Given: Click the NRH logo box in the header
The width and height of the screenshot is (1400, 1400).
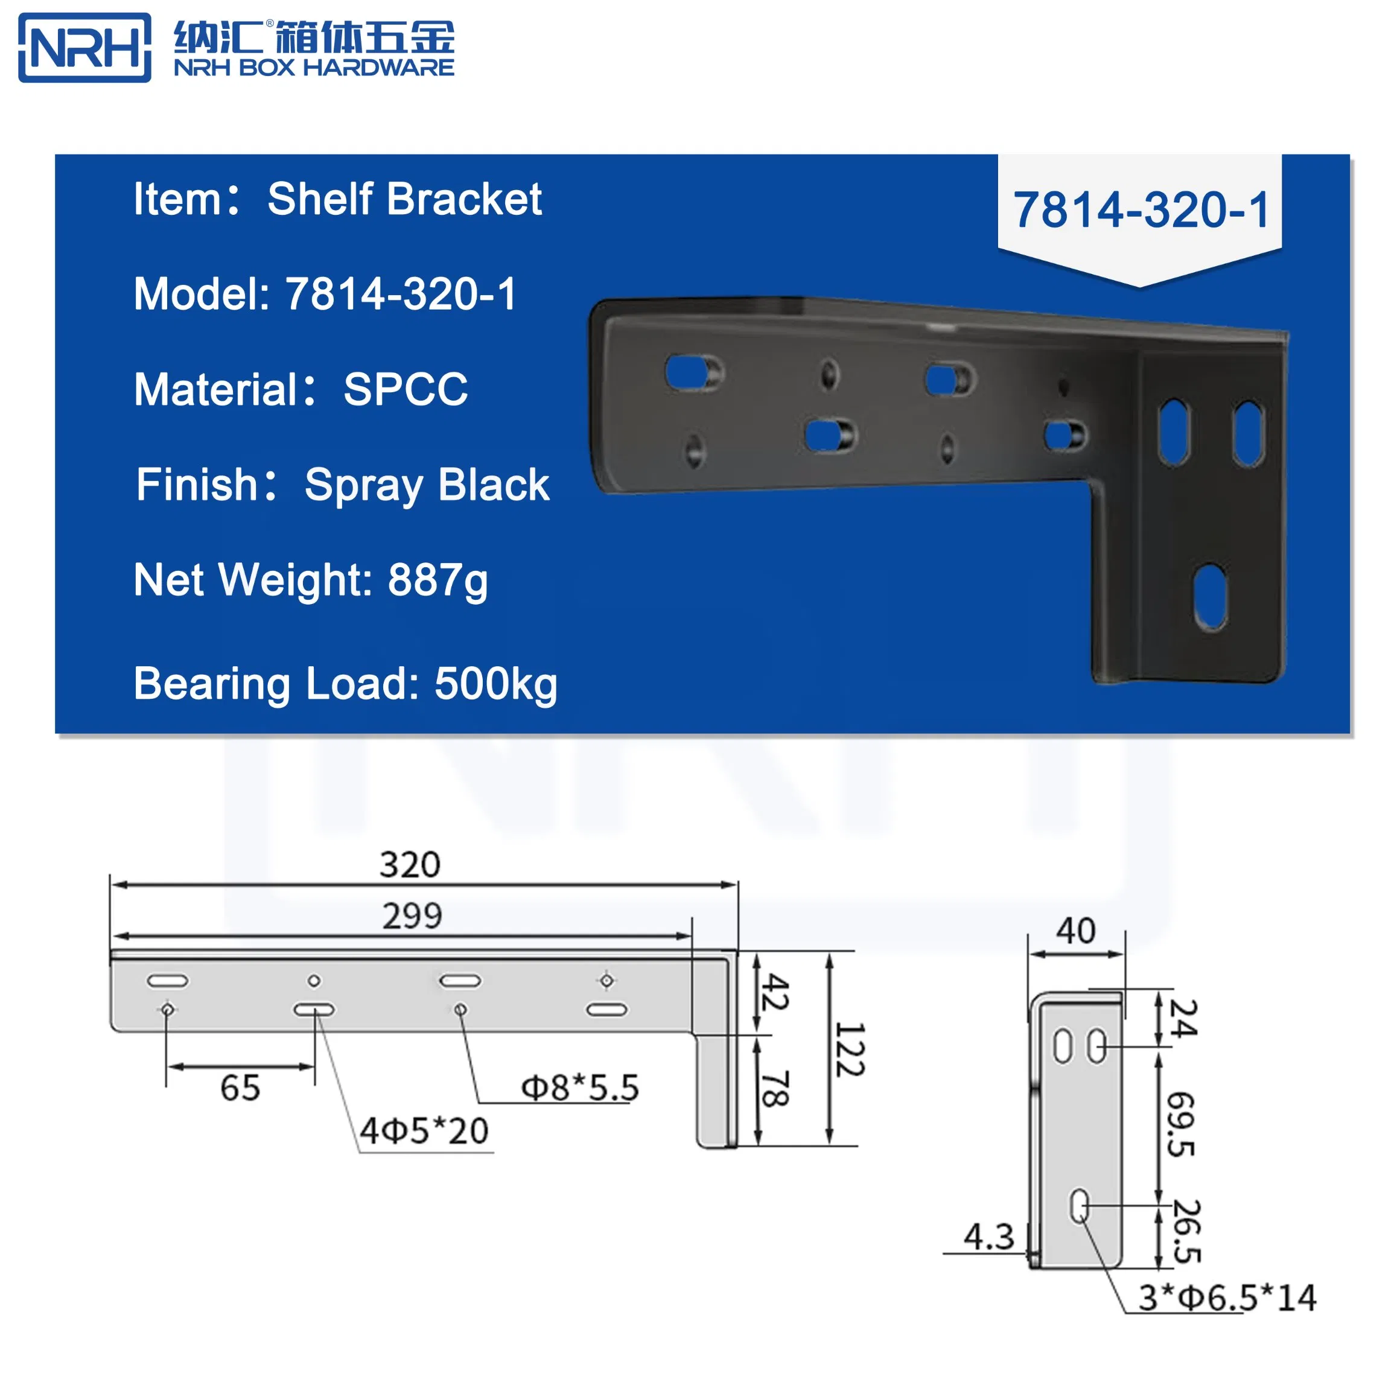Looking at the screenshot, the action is pyautogui.click(x=84, y=48).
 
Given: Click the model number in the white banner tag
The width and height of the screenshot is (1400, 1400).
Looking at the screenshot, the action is pyautogui.click(x=1141, y=210).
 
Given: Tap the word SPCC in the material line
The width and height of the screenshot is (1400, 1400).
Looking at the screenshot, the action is pyautogui.click(x=406, y=389).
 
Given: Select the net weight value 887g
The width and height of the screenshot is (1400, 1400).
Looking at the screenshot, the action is pyautogui.click(x=437, y=581).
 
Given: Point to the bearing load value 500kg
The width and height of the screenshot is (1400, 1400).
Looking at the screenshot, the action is pyautogui.click(x=495, y=684).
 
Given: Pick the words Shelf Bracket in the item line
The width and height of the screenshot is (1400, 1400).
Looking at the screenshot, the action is pyautogui.click(x=404, y=199).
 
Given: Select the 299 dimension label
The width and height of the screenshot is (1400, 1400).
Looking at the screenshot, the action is pyautogui.click(x=412, y=916).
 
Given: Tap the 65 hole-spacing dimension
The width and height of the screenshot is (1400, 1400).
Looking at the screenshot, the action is pyautogui.click(x=240, y=1087).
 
